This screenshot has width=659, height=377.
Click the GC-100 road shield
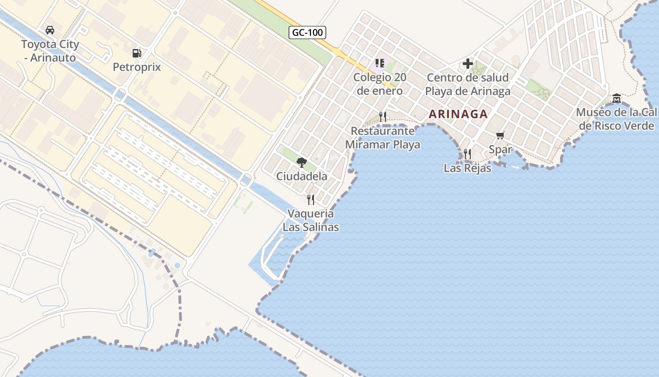point(307,33)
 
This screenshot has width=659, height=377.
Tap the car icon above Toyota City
point(50,30)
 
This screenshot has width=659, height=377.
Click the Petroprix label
point(137,67)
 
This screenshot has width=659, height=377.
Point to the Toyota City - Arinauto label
point(50,51)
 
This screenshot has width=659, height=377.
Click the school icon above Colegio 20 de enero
point(380,63)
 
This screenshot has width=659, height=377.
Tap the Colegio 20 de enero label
point(380,84)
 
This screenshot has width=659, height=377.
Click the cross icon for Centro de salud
point(468,64)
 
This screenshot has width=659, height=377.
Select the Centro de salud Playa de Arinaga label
point(468,84)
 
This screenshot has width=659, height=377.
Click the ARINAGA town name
point(458,114)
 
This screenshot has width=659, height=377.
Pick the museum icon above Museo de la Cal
point(617,98)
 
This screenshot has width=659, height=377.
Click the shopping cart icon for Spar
point(500,136)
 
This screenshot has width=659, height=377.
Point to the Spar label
point(500,150)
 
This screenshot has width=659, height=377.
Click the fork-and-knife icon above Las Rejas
point(467,154)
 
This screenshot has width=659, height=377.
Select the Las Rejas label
point(467,168)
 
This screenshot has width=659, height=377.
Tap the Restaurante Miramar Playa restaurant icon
point(383,116)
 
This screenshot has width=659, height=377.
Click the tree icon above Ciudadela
point(302,163)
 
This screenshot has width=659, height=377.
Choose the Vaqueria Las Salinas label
point(311,220)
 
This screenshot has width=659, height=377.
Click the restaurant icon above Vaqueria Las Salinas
point(311,200)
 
